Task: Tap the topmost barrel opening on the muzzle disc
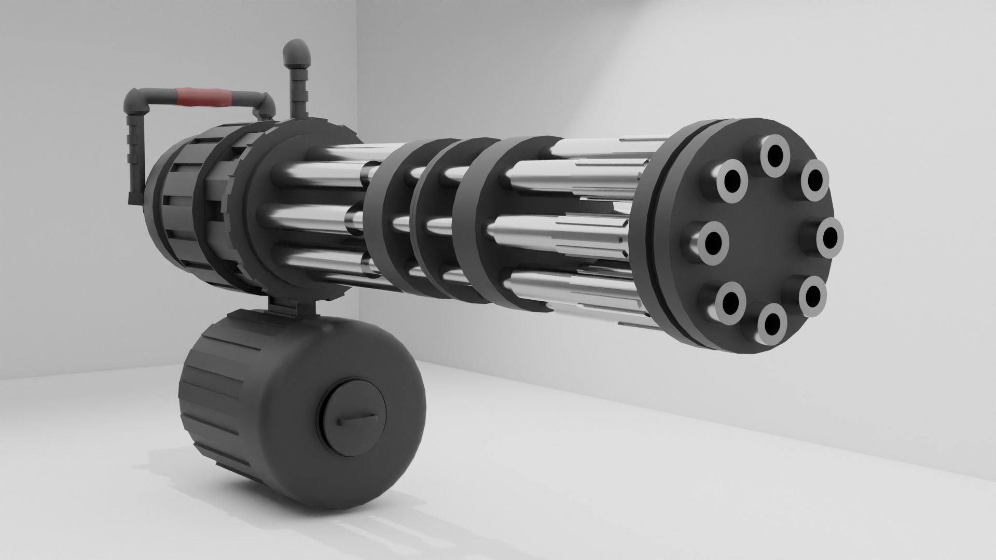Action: tap(775, 154)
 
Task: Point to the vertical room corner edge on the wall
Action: tap(357, 78)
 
